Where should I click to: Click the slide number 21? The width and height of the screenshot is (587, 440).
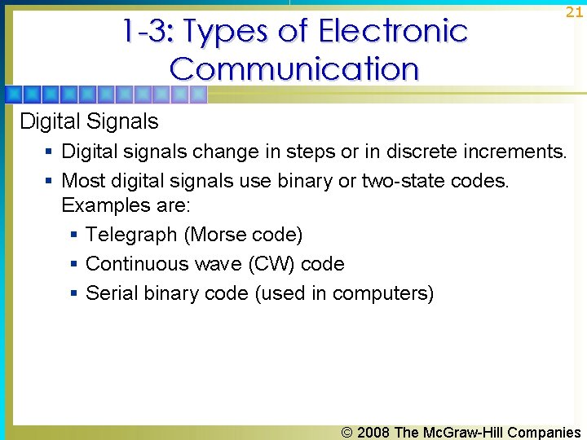(574, 12)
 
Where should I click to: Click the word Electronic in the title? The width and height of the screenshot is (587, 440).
(393, 32)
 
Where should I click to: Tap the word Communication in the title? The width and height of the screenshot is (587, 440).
(294, 68)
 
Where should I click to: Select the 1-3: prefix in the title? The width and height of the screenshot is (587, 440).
(148, 32)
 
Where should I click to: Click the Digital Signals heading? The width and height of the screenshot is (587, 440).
(89, 122)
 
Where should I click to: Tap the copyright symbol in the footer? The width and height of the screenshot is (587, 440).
(347, 433)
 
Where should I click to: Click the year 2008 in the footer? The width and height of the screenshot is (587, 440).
(374, 433)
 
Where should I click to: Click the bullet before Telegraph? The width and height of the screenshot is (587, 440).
(73, 235)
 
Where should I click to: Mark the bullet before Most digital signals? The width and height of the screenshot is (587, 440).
(50, 180)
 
